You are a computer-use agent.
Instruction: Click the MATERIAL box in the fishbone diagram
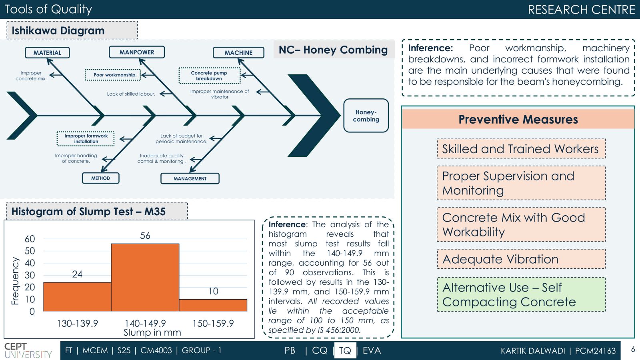click(x=47, y=52)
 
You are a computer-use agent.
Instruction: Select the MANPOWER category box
click(x=136, y=52)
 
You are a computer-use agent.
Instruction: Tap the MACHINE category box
click(x=238, y=52)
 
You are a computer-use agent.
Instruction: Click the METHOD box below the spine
click(x=100, y=178)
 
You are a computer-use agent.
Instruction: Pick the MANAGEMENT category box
click(x=190, y=178)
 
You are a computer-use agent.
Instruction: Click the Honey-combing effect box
click(x=366, y=116)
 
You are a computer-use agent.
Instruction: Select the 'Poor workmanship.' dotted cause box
click(x=113, y=75)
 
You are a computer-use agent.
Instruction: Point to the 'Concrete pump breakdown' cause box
click(x=210, y=76)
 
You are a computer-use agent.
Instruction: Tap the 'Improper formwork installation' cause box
click(x=86, y=138)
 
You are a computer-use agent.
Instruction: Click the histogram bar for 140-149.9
click(x=145, y=278)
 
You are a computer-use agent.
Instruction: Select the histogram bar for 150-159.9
click(x=213, y=305)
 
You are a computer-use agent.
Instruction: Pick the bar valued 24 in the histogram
click(x=77, y=297)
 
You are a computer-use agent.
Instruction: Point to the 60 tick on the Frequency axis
click(x=30, y=239)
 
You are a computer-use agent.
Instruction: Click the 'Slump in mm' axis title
click(x=152, y=332)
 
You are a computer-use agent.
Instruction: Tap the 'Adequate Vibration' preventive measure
click(x=521, y=259)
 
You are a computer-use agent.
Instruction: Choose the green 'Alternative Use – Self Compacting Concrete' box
click(x=521, y=294)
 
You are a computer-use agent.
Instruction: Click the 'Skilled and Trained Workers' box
click(x=521, y=148)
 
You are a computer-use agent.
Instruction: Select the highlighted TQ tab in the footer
click(x=345, y=350)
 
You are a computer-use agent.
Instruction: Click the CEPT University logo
click(x=28, y=350)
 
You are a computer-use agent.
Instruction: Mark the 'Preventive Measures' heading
click(x=518, y=119)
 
